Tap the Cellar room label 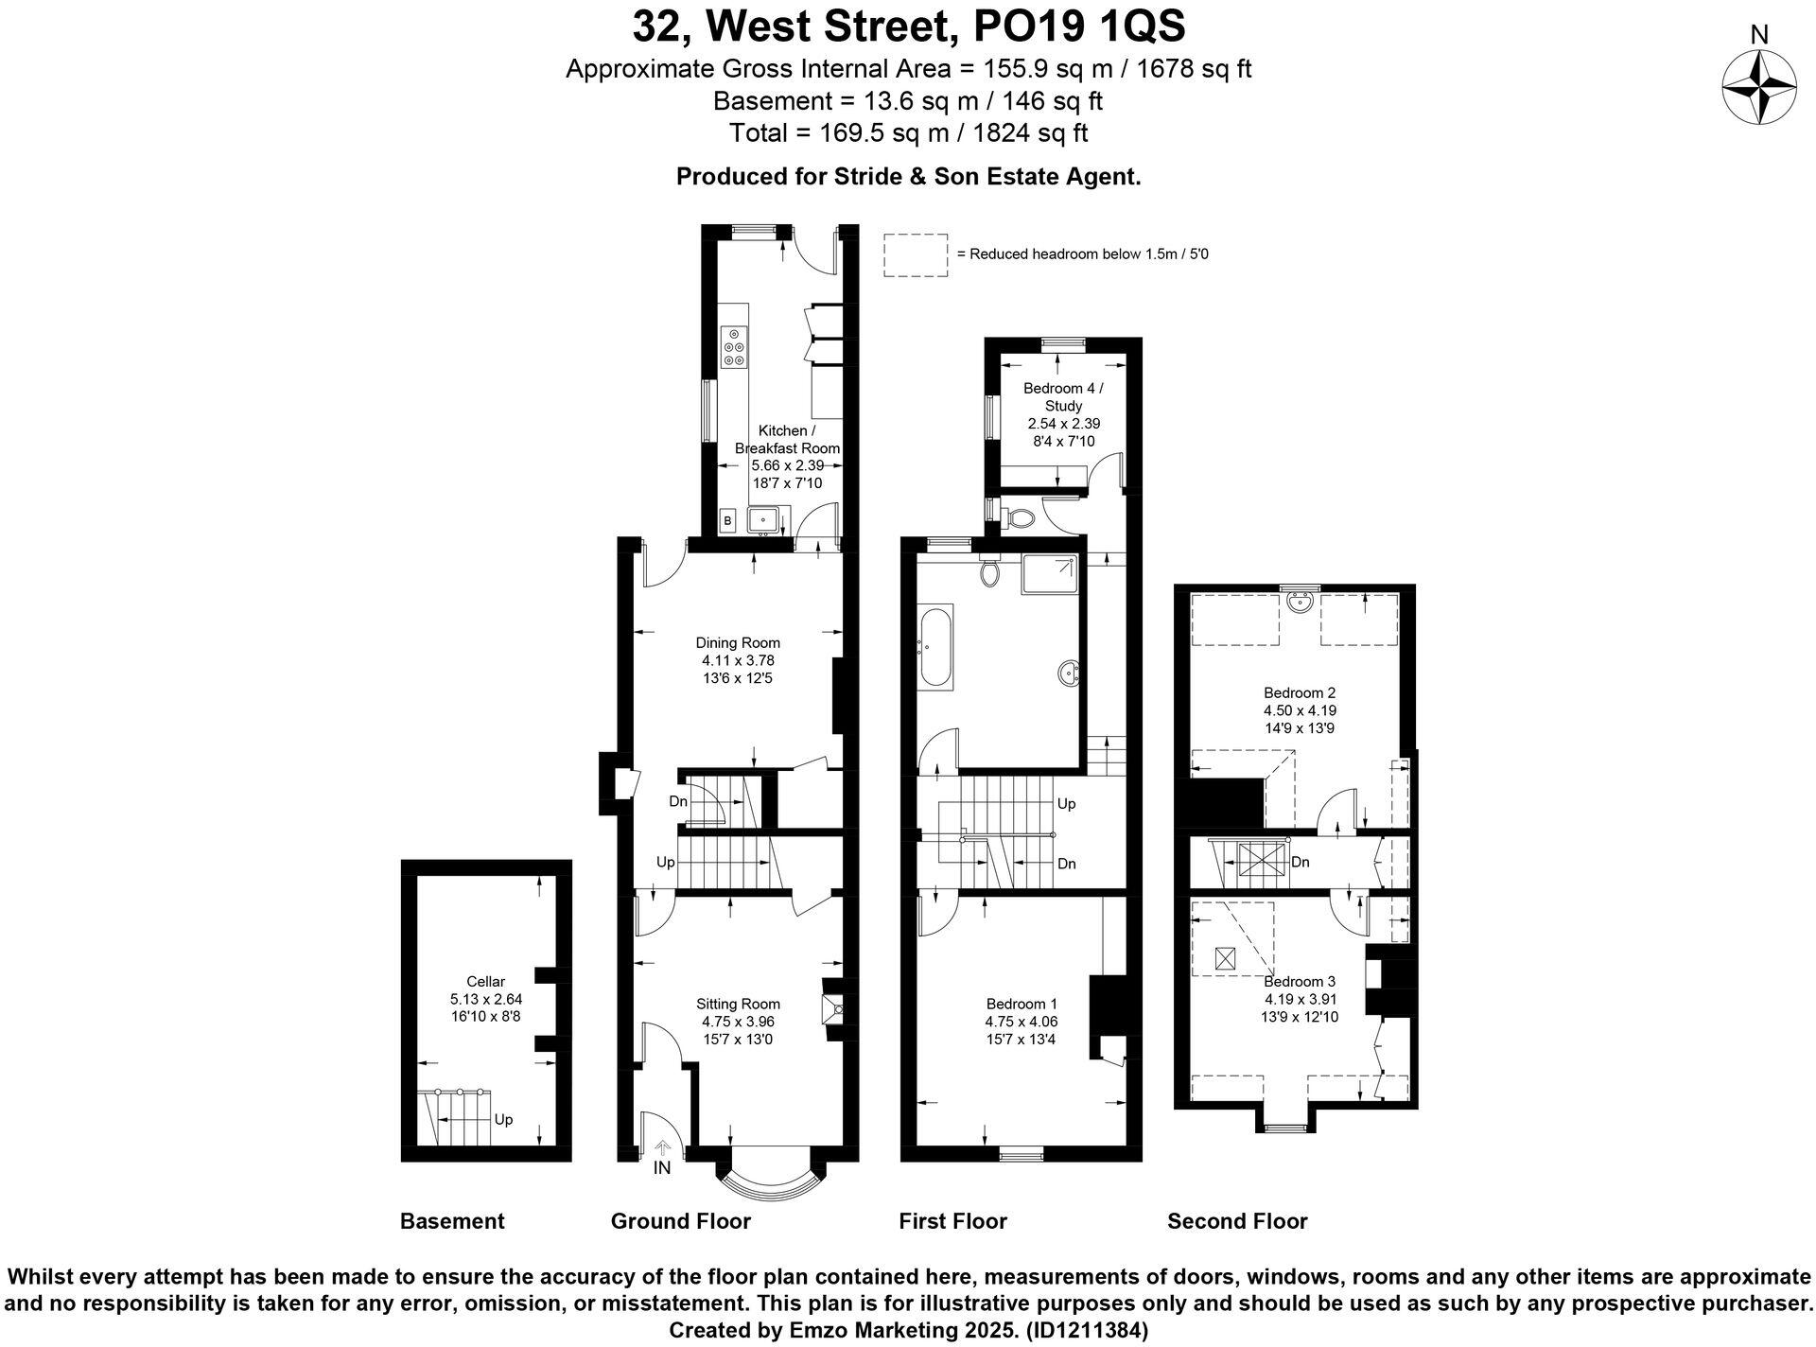coord(486,981)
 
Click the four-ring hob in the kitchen coord(734,347)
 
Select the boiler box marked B coord(727,520)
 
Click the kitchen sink coord(762,520)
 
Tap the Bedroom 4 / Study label coord(1063,396)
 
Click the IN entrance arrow coord(663,1150)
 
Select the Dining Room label coord(738,642)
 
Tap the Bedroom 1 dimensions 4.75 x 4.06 coord(1021,1022)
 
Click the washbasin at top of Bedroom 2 coord(1302,600)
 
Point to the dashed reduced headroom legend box coord(916,255)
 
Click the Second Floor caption coord(1236,1221)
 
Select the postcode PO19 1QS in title coord(1066,26)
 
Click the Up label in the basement coord(503,1119)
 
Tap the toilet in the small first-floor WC coord(1020,517)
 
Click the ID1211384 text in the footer coord(1088,1331)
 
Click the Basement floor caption coord(452,1221)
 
